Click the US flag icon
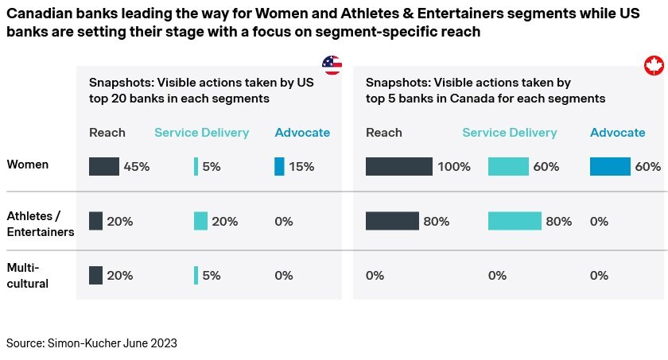coord(332,65)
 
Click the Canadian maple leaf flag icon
coord(654,66)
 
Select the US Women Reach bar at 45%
coord(104,166)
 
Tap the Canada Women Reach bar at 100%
coord(399,166)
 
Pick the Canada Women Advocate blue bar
coord(610,166)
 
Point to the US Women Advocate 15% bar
coord(279,166)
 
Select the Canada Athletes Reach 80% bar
coord(392,221)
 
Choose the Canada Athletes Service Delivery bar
coord(515,221)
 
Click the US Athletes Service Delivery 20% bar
coord(200,221)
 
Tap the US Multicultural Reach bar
coord(95,275)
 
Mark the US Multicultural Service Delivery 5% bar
coord(196,275)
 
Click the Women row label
coord(28,165)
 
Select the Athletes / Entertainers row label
coord(41,223)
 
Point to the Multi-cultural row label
coord(28,275)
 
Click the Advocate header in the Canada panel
coord(617,133)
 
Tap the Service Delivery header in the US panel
coord(201,133)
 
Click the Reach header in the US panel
coord(107,133)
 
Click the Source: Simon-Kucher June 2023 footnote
coord(91,343)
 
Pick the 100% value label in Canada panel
coord(455,167)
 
